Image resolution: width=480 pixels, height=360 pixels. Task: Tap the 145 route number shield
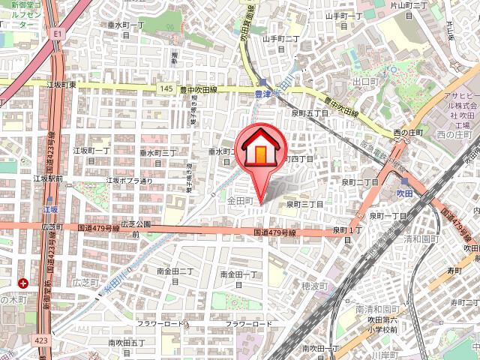tap(166, 88)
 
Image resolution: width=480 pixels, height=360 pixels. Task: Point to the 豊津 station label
tap(262, 94)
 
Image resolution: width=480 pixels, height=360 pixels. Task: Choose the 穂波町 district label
tap(315, 286)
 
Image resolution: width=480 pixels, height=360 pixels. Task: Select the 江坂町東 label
tap(61, 86)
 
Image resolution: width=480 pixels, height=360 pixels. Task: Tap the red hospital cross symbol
tap(24, 283)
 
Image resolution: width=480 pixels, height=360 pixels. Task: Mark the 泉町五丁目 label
tap(309, 112)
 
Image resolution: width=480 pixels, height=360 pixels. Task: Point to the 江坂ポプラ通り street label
tap(129, 181)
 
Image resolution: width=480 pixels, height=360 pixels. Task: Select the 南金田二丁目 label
tap(175, 275)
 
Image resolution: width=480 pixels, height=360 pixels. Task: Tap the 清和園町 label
tap(419, 239)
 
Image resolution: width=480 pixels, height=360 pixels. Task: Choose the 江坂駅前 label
tap(48, 179)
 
